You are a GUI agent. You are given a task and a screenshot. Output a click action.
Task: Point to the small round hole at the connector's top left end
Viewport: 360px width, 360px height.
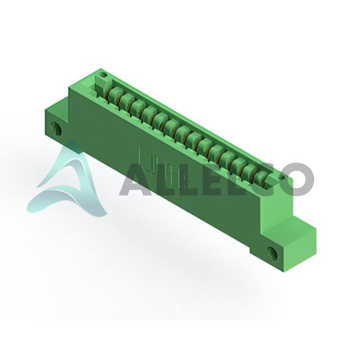point(104,74)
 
